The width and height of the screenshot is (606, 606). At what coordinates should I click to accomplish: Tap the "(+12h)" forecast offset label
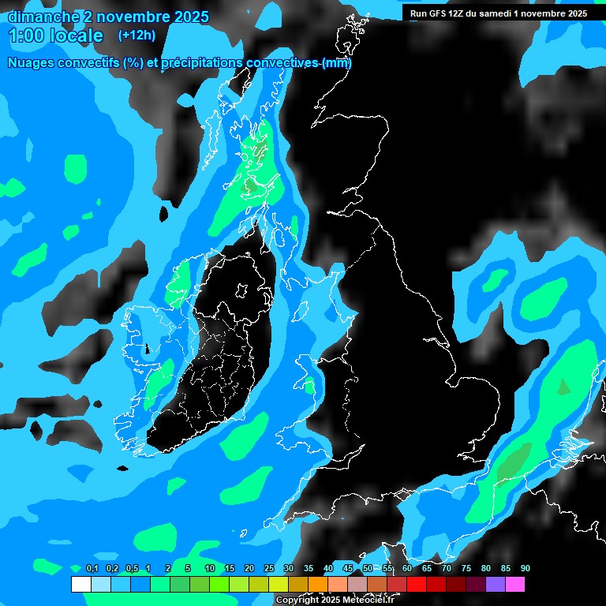(x=137, y=35)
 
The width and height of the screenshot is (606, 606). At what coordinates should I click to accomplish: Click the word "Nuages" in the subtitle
(x=32, y=63)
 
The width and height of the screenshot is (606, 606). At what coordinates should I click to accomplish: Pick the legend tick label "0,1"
(x=92, y=569)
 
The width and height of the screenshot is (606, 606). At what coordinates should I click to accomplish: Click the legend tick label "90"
(x=526, y=569)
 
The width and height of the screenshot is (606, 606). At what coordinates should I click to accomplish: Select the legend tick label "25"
(x=269, y=569)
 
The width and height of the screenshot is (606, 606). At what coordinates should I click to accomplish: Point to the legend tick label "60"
(x=407, y=569)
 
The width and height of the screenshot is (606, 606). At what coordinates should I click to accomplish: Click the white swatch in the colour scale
(x=80, y=584)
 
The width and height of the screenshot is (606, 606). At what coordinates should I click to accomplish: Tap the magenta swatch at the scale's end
(x=514, y=584)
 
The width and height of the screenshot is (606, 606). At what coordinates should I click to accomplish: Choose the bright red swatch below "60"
(x=416, y=584)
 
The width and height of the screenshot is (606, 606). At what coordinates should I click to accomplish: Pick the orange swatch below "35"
(x=317, y=584)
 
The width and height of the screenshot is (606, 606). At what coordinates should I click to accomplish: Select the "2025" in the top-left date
(x=190, y=17)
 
